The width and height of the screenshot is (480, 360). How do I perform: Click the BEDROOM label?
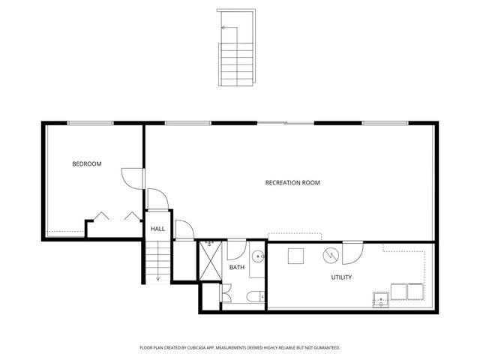[86, 163]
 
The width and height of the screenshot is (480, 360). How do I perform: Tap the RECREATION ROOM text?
[292, 182]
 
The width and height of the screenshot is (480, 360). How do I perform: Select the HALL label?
[157, 229]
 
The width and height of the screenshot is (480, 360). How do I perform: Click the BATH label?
[237, 268]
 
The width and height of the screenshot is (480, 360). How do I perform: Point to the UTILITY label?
[341, 277]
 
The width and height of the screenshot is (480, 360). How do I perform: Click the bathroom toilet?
[254, 295]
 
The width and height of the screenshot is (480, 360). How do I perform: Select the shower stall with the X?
[208, 260]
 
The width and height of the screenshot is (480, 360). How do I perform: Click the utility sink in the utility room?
[381, 299]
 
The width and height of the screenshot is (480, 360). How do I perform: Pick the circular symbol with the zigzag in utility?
[331, 256]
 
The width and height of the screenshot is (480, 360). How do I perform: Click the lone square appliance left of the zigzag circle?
[296, 255]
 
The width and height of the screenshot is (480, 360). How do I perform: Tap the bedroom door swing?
[131, 178]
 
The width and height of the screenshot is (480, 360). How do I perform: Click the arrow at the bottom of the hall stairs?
[159, 277]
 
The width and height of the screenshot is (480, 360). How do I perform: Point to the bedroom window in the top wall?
[90, 123]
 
